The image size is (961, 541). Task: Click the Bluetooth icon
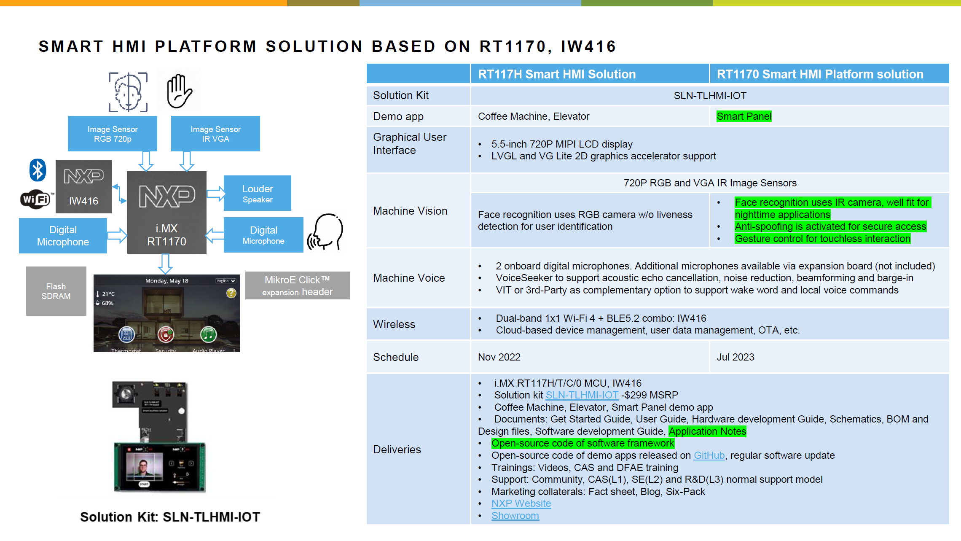coord(38,170)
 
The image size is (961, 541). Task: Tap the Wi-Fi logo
coord(36,199)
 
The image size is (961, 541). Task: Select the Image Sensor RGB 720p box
coord(113,134)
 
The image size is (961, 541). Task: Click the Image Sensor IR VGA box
coord(215,134)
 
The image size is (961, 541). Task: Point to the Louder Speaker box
coord(257,194)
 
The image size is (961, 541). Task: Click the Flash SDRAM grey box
coord(56,291)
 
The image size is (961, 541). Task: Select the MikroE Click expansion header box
coord(297,285)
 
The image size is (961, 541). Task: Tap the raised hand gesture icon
coord(179,91)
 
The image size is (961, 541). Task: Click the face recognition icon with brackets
coord(128,92)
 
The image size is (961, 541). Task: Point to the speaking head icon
coord(325,232)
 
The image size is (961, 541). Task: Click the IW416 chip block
coord(84,187)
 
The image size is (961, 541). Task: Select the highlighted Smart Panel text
coord(744,116)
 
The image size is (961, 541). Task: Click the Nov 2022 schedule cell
coord(499,357)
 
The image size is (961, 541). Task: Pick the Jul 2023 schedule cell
coord(736,357)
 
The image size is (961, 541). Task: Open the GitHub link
coord(709,455)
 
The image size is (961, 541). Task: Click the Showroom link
coord(515,516)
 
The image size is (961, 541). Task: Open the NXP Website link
coord(521,503)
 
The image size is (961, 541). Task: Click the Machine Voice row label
coord(409,278)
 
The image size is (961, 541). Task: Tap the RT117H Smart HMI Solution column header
coord(556,74)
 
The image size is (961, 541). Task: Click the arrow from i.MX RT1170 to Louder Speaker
coord(216,194)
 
